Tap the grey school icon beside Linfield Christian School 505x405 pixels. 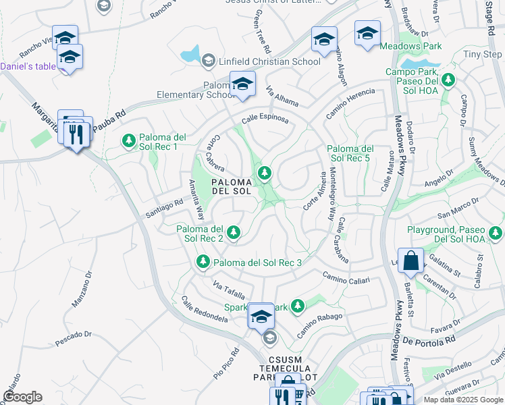pos(208,61)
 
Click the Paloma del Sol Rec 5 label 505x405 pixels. pos(350,153)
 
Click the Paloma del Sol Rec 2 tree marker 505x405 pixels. pos(234,233)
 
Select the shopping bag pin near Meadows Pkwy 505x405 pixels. pos(410,261)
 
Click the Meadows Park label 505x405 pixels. pos(410,46)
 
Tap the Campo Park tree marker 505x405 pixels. pos(448,81)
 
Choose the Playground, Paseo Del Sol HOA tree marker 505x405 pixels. pos(496,234)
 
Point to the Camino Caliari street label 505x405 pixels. pos(346,277)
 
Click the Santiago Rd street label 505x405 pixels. pos(164,207)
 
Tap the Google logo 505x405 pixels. pos(22,397)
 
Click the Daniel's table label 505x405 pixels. pos(28,66)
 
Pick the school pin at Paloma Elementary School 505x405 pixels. pos(242,84)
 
